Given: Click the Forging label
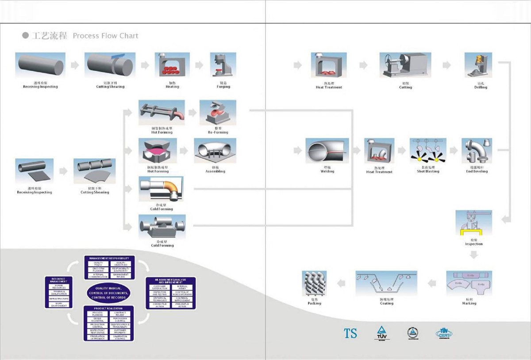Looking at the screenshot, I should click(x=223, y=87).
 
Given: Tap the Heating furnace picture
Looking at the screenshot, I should click(x=172, y=66).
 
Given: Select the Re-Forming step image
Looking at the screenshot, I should click(x=218, y=112).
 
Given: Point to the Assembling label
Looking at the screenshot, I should click(x=215, y=171).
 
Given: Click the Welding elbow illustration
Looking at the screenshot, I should click(x=327, y=151).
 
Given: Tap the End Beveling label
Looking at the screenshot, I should click(x=477, y=171).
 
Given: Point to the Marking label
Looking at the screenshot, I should click(x=469, y=303).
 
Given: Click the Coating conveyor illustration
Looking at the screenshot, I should click(x=386, y=283).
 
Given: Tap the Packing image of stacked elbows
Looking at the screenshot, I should click(x=314, y=284).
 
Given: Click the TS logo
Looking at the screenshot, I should click(x=350, y=333).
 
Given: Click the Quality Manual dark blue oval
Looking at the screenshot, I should click(x=108, y=293).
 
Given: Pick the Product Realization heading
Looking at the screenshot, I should click(x=108, y=308).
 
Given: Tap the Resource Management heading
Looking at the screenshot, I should click(x=59, y=280).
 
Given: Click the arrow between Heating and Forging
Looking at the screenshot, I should click(x=199, y=65).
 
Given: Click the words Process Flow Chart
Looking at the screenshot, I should click(x=105, y=36).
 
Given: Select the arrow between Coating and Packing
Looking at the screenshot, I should click(x=341, y=283).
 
